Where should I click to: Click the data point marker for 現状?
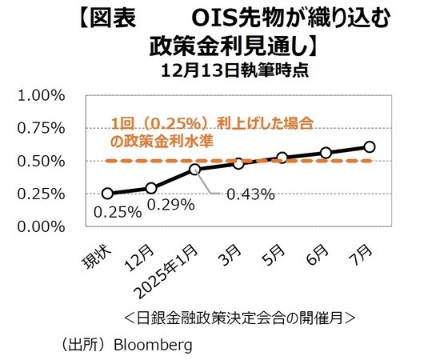107,194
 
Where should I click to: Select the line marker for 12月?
151,188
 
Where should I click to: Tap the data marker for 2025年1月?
194,170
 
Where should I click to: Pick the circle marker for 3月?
238,163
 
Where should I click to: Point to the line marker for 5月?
282,158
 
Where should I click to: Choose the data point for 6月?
326,153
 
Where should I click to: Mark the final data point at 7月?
369,146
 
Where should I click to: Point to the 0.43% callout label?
251,194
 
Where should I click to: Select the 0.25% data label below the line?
118,212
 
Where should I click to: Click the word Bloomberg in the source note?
153,345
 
